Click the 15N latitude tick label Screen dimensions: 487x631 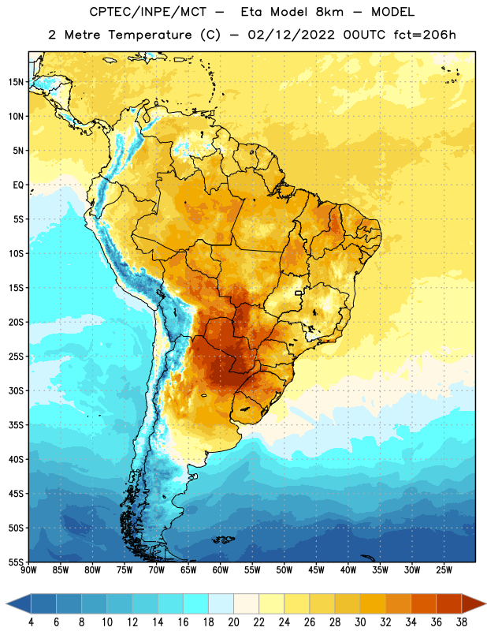pos(16,82)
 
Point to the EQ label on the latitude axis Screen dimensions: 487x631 pos(18,185)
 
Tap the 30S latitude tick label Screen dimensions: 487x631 pos(16,390)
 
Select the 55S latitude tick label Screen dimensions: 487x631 pos(16,562)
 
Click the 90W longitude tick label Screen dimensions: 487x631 pos(29,569)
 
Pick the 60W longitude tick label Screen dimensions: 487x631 pos(221,569)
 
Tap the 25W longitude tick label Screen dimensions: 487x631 pos(444,569)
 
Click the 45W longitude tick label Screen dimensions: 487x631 pos(316,569)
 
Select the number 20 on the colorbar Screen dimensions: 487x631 pos(233,622)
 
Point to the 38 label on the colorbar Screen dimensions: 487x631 pos(461,622)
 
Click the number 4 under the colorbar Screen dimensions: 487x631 pos(31,622)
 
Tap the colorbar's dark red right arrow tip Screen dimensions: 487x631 pos(485,603)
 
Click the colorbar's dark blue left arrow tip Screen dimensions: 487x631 pos(6,603)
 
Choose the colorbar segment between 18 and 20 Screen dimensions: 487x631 pos(221,603)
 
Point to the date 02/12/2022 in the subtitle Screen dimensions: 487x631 pos(291,35)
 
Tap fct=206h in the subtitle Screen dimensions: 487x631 pos(425,35)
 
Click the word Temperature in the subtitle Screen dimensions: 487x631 pos(150,35)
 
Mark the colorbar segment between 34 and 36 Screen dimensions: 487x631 pos(423,603)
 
